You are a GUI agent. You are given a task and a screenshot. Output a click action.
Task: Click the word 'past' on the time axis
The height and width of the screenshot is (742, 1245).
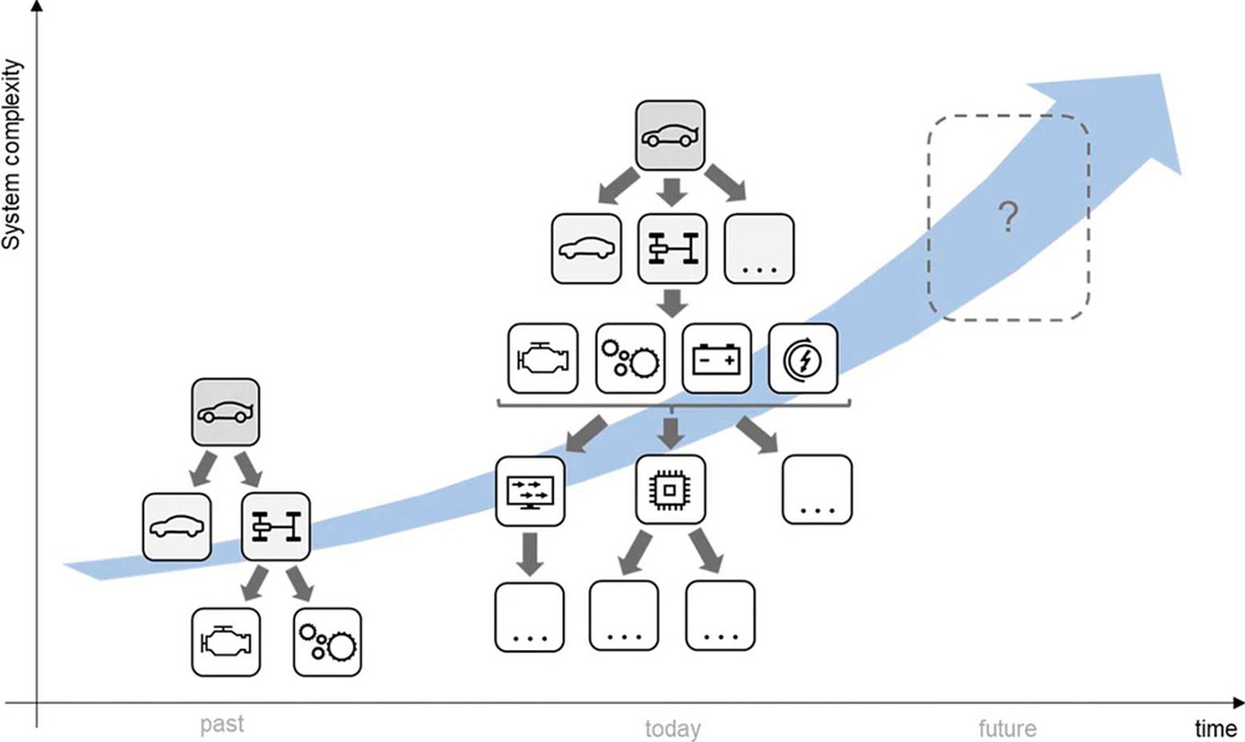pos(222,724)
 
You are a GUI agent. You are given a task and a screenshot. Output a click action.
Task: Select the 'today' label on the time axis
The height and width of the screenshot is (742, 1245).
pos(672,729)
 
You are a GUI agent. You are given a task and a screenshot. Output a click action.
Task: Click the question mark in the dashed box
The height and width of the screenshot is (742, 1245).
pos(1008,217)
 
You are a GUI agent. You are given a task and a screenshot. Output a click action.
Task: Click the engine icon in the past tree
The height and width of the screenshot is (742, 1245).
pos(226,642)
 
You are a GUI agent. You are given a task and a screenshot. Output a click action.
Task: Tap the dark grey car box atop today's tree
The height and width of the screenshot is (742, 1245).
pos(670,135)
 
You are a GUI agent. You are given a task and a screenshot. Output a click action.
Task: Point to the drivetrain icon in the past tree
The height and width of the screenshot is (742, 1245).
pos(276,526)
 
